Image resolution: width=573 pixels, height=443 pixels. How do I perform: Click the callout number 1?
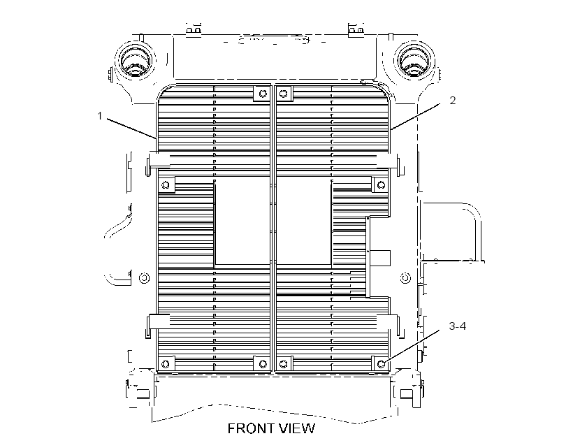[99, 116]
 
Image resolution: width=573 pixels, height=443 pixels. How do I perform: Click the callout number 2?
[452, 101]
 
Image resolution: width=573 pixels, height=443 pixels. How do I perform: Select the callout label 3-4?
[458, 326]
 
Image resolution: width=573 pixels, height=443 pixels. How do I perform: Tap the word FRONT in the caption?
[250, 428]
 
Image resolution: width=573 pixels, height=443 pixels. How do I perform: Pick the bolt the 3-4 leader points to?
[381, 363]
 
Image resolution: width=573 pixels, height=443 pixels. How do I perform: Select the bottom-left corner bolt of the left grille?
[166, 363]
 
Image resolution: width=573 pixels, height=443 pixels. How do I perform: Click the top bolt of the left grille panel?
[263, 94]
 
